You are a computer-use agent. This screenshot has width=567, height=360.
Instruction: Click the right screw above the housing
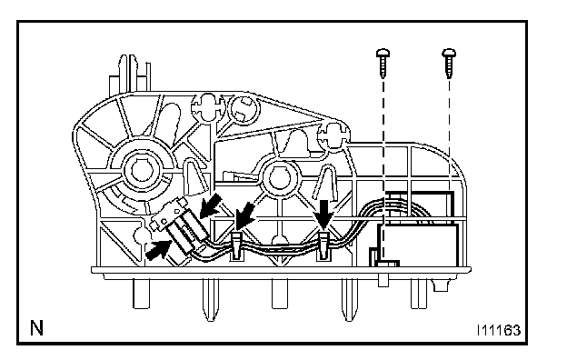[449, 63]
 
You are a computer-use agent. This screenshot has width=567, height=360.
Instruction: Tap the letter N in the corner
[36, 328]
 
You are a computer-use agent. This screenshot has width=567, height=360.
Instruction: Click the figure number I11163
[499, 330]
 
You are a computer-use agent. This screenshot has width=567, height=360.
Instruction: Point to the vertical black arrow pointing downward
[324, 214]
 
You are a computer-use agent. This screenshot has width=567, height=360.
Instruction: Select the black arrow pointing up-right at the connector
[158, 250]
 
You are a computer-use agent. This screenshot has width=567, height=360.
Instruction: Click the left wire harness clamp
[235, 245]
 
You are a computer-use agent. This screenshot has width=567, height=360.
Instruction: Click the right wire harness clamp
[323, 246]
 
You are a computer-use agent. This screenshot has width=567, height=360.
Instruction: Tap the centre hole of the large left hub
[140, 170]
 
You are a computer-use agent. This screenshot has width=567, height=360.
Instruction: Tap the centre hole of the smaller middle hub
[279, 178]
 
